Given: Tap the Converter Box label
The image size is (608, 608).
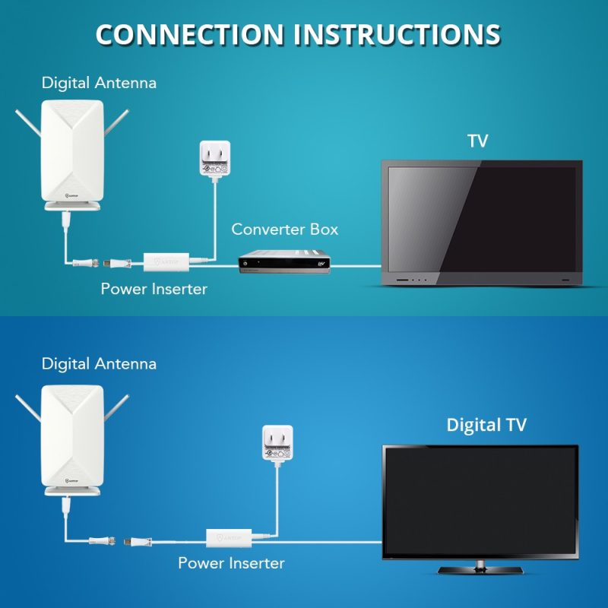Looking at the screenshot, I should (284, 229).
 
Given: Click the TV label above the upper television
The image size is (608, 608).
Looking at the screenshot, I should (477, 141).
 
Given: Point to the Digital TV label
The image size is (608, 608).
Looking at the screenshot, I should (486, 425).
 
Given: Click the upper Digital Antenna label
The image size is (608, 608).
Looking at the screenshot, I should (99, 82).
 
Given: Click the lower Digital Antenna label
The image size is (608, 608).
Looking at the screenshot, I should (99, 363).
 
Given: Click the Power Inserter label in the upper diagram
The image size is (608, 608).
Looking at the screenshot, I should (154, 289).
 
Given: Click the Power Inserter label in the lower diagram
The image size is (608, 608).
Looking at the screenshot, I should (231, 563).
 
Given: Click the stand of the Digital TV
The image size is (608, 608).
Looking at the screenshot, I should (480, 568).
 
